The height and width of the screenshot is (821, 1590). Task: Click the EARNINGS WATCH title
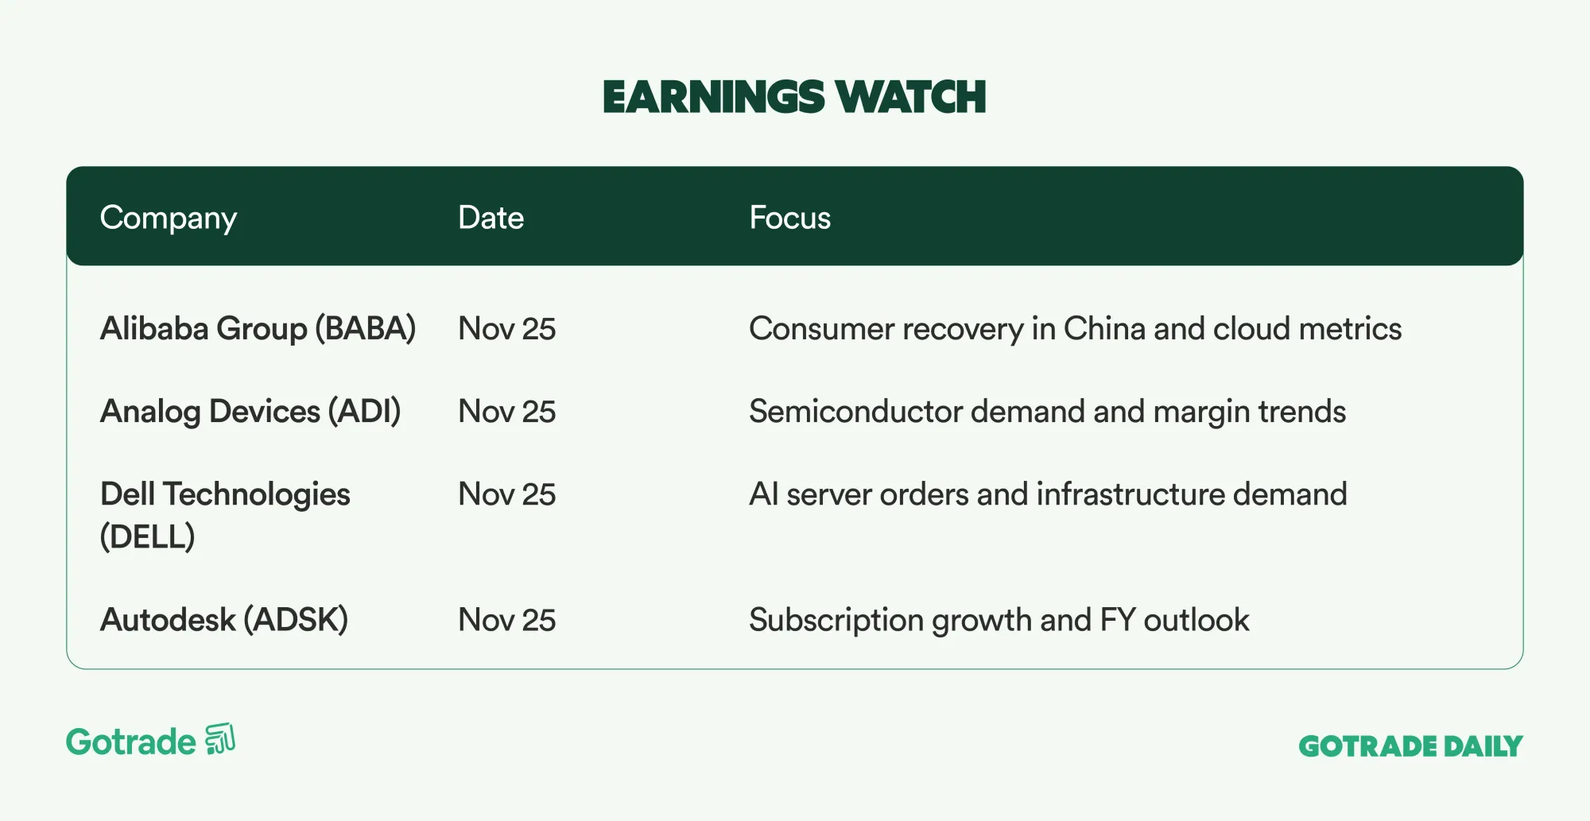coord(794,97)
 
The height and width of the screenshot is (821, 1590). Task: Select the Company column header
coord(169,219)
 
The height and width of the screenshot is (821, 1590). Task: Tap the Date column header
coord(491,218)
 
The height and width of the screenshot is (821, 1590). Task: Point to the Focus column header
coord(789,218)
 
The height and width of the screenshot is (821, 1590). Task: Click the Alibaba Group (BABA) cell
coord(258,329)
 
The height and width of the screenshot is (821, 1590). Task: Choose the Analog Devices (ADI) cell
coord(250,412)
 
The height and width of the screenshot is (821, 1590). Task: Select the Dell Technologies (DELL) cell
coord(225,515)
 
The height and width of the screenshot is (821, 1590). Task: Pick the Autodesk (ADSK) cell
coord(224,620)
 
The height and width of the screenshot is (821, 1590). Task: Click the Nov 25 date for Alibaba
coord(507,329)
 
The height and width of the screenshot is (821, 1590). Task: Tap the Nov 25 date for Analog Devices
coord(507,412)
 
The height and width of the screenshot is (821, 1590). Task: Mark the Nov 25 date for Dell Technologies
coord(507,494)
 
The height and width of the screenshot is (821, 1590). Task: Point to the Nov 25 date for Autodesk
coord(507,620)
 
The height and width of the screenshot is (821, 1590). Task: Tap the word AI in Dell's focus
coord(763,494)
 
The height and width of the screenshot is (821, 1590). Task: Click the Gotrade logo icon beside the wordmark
coord(220,738)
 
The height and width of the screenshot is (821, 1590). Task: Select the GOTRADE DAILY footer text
coord(1410,746)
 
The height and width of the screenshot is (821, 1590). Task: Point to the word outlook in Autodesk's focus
coord(1196,620)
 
